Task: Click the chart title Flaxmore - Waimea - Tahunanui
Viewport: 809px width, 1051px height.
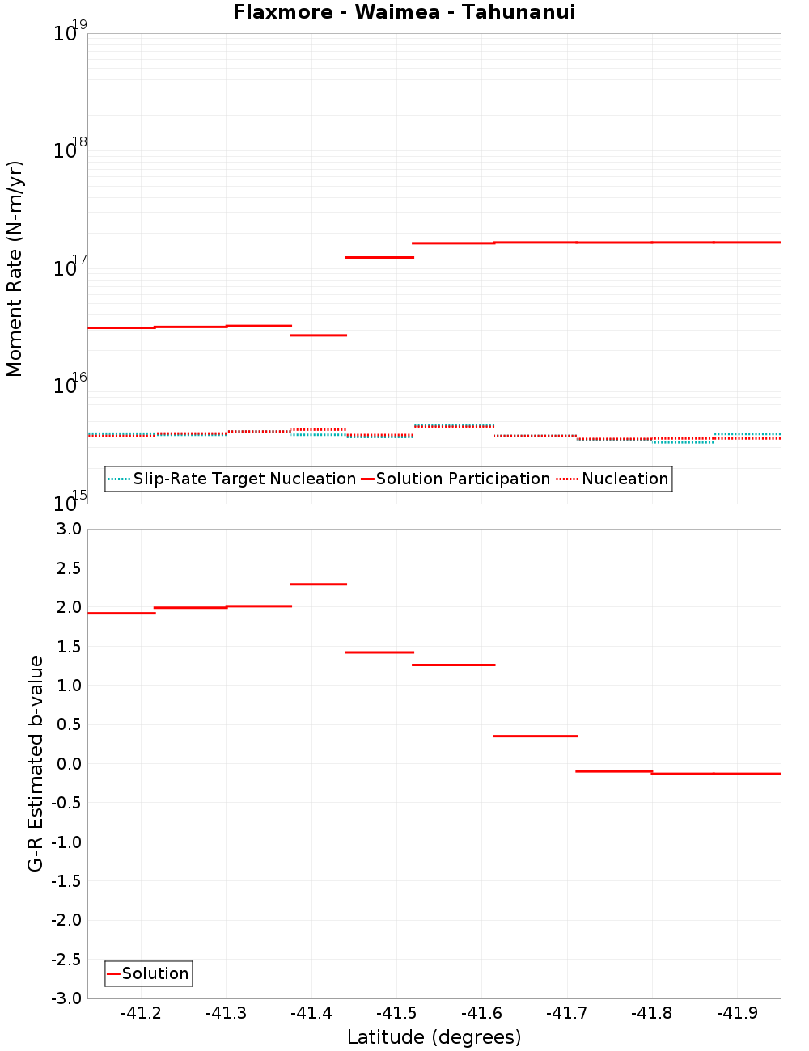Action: [404, 12]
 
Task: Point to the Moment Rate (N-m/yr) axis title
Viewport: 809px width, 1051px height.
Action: [15, 268]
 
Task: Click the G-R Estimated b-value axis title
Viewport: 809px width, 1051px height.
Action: [36, 763]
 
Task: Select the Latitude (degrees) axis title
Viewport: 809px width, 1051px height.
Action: [434, 1037]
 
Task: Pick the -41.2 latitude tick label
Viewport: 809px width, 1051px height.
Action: [141, 1013]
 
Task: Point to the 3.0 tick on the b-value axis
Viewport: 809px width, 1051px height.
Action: [66, 529]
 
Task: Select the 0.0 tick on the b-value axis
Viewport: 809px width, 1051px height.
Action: [66, 764]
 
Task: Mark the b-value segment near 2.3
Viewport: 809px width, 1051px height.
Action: [318, 584]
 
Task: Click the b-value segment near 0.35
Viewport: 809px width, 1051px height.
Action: [535, 736]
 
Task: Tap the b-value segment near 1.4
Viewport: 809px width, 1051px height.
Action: [379, 652]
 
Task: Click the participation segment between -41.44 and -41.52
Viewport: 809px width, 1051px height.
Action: [379, 257]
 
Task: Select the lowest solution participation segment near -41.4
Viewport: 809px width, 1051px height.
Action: [318, 335]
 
